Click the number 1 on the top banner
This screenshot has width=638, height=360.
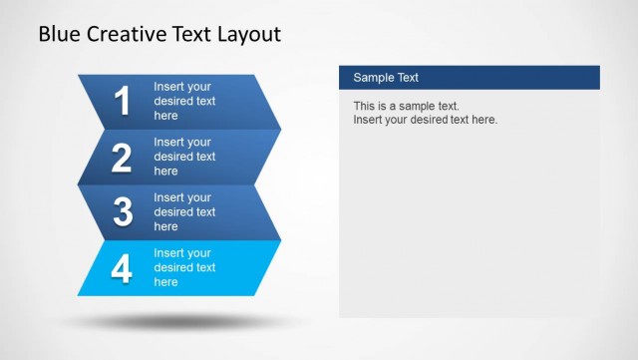tap(123, 101)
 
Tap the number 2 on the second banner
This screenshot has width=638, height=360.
tap(122, 157)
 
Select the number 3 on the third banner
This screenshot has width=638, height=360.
tap(123, 211)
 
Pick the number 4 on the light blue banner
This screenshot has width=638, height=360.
tap(122, 268)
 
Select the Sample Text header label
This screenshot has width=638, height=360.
tap(386, 78)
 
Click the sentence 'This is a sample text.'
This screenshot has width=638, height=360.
tap(406, 106)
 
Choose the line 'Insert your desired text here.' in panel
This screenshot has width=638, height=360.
tap(425, 120)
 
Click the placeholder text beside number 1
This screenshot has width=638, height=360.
tap(184, 101)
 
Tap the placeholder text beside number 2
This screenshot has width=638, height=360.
tap(184, 157)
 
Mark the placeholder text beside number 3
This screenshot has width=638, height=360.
tap(184, 211)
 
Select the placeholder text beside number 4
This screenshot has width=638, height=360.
tap(184, 267)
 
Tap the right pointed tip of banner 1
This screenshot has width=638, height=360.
tap(279, 129)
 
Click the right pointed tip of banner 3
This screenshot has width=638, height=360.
tap(279, 239)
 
